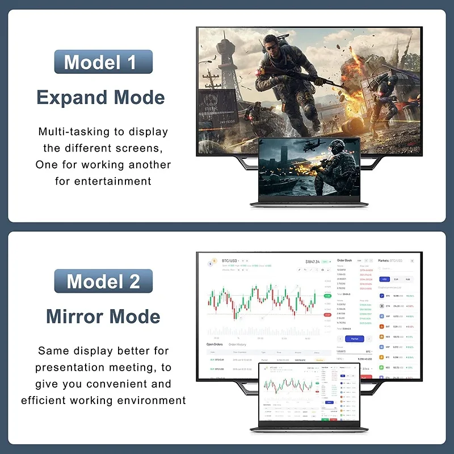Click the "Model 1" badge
pos(103,62)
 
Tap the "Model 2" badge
pos(103,281)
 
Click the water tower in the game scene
pos(226,43)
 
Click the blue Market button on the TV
pos(355,339)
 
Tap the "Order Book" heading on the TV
pos(344,260)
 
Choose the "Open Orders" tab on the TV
pos(214,344)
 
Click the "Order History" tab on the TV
pos(237,344)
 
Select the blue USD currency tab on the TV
pos(384,279)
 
